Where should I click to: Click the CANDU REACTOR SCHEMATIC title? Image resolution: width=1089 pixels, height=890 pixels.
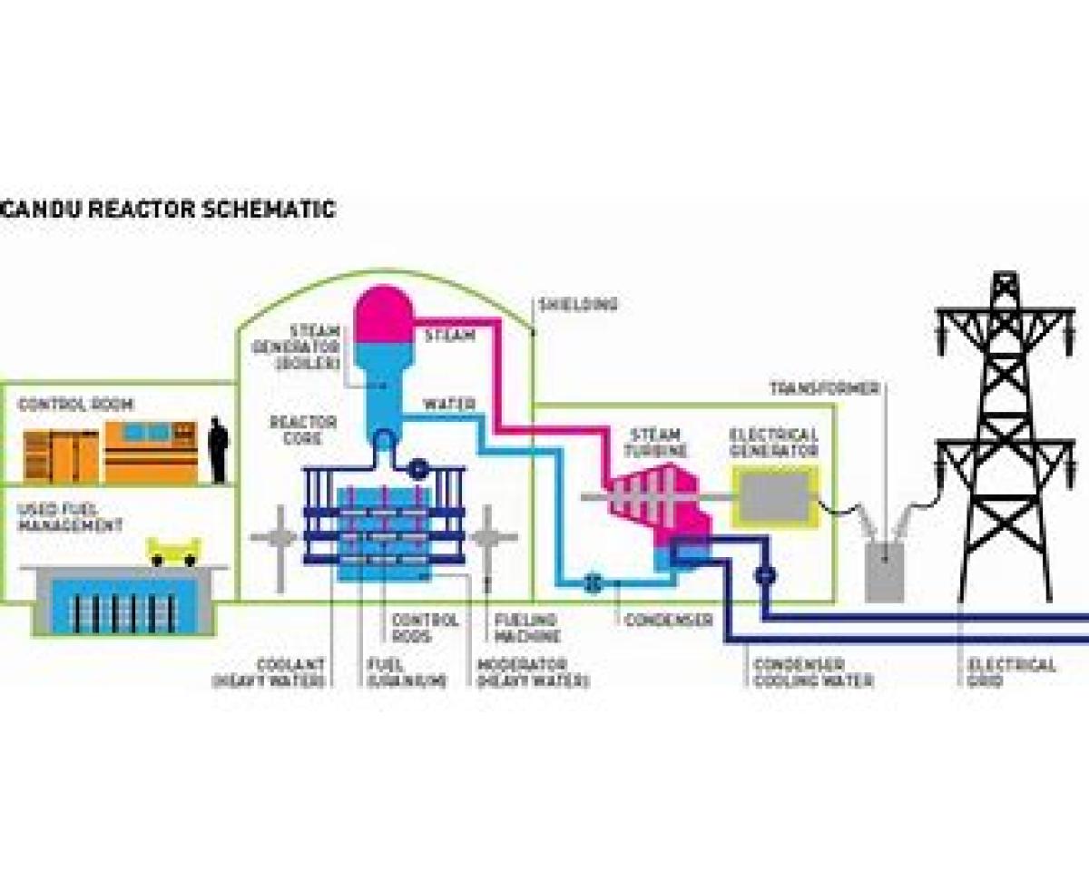coord(168,210)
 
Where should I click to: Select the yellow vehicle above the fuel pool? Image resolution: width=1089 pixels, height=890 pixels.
coord(174,551)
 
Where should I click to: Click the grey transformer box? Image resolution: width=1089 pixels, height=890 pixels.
coord(884,572)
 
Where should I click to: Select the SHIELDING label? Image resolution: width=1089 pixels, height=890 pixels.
coord(578,305)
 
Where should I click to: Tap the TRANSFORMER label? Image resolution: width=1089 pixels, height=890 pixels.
coord(825,388)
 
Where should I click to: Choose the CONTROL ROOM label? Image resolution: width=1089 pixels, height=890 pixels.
coord(75,405)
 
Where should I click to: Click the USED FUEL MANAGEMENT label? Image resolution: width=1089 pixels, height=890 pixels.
coord(70,517)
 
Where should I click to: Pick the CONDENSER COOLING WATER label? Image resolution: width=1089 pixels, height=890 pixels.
coord(814,672)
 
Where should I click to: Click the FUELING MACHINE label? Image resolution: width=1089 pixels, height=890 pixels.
coord(527,628)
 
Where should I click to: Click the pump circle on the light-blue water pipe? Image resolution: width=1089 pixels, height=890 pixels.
coord(593,582)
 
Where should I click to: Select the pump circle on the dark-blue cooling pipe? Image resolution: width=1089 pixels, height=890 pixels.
coord(764,573)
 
